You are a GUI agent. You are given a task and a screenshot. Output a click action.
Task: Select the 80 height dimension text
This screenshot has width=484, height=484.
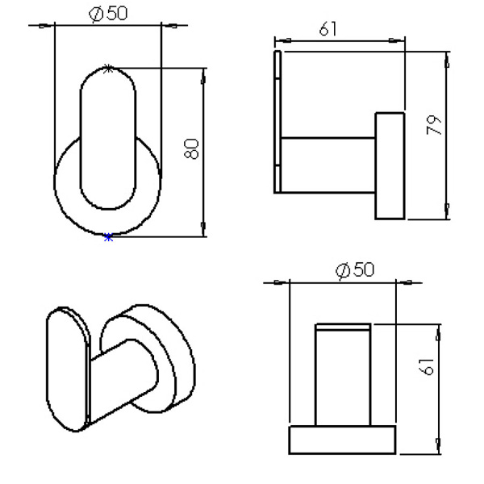coord(191,149)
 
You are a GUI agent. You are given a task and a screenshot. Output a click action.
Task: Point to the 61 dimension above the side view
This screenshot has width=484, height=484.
coord(328,30)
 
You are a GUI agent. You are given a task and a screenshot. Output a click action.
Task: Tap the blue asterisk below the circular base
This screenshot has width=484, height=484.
coord(108,237)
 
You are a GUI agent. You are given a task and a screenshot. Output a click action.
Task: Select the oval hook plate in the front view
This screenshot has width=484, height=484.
coord(108,137)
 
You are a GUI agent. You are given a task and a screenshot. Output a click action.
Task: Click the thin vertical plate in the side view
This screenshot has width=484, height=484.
coord(278,121)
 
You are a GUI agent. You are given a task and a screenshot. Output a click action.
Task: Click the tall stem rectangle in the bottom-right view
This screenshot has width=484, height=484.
coord(342,375)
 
